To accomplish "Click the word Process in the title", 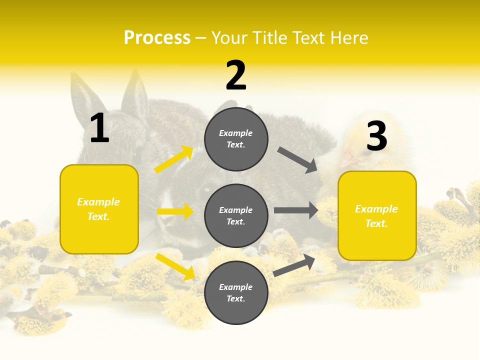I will click(x=157, y=37).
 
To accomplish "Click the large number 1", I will click(x=99, y=128).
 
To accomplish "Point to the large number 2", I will click(x=236, y=75).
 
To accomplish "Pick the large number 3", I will click(x=376, y=136).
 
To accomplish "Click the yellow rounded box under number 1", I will click(x=99, y=209).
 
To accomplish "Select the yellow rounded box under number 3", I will click(x=377, y=215).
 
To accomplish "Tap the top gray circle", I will click(x=236, y=139).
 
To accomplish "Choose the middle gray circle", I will click(x=236, y=215).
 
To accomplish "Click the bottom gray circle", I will click(x=236, y=292).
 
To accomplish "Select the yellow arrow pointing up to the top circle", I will click(x=173, y=159).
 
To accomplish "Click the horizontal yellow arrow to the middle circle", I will click(x=175, y=211).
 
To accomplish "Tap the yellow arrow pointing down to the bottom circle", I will click(x=175, y=266).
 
